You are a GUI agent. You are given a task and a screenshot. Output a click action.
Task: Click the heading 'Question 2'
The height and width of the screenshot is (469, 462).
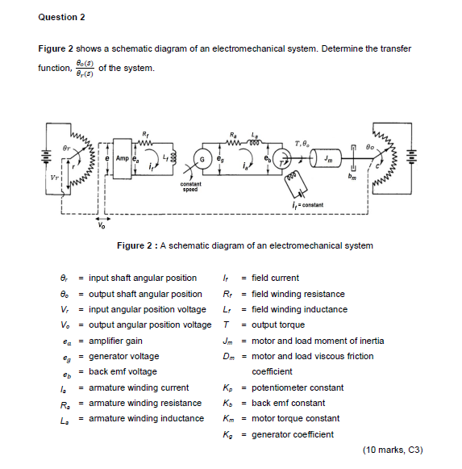tap(61, 16)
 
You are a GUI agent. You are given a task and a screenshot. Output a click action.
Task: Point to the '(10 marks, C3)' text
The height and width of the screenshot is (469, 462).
tap(393, 450)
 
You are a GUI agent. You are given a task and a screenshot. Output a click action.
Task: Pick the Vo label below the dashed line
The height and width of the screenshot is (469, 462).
tap(100, 227)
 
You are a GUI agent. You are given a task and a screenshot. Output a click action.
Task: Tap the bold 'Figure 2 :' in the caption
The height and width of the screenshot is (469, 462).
tap(140, 245)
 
